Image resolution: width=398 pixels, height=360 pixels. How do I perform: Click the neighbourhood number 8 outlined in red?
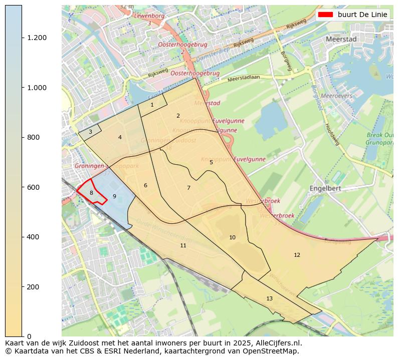pyautogui.click(x=91, y=193)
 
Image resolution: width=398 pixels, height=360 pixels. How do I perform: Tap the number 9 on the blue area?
pyautogui.click(x=114, y=196)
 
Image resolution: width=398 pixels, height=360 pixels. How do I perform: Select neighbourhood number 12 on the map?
pyautogui.click(x=297, y=255)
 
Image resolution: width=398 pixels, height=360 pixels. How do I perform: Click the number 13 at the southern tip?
pyautogui.click(x=269, y=298)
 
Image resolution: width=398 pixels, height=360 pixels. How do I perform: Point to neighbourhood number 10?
pyautogui.click(x=232, y=237)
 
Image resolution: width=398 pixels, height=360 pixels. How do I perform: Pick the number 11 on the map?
pyautogui.click(x=183, y=245)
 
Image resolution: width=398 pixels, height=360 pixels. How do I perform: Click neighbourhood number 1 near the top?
pyautogui.click(x=152, y=105)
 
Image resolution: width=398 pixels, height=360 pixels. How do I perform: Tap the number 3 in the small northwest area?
pyautogui.click(x=90, y=132)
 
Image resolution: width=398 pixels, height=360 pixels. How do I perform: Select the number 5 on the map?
pyautogui.click(x=211, y=162)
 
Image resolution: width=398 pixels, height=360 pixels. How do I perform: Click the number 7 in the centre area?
pyautogui.click(x=188, y=188)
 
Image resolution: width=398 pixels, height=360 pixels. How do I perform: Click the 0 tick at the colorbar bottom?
pyautogui.click(x=28, y=336)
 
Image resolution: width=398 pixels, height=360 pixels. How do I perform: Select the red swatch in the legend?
pyautogui.click(x=325, y=15)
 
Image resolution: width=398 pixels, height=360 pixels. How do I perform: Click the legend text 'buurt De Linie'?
pyautogui.click(x=362, y=15)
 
